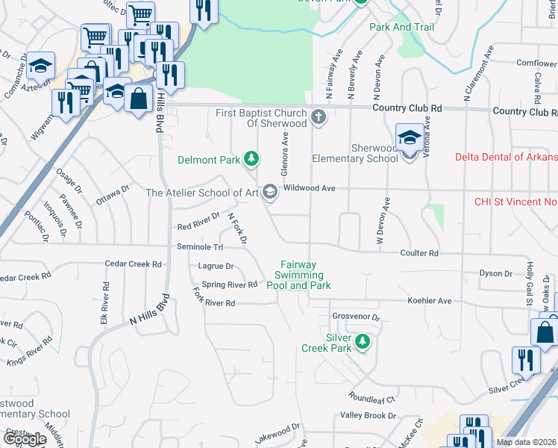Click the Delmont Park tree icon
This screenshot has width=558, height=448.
pos(252,158)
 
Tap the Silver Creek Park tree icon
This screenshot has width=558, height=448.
pos(363,341)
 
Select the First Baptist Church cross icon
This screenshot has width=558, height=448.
pos(319,116)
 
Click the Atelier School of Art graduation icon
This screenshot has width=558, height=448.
pos(270,193)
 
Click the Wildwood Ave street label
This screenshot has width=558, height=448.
pos(313,189)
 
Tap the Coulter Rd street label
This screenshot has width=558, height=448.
pos(418,254)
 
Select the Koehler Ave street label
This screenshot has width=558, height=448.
pos(429,301)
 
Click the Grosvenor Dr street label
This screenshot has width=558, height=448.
pos(356,317)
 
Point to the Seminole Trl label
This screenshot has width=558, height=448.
pos(200,247)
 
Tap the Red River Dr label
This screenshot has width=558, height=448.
pos(198,221)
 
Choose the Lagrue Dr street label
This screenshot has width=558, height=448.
pos(216,266)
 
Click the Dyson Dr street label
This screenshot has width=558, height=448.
pos(495,274)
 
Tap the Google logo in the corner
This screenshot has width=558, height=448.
pos(24,438)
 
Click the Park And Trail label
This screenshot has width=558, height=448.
pos(401,27)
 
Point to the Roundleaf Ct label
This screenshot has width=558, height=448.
pos(370,396)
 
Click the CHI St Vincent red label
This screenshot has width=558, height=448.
pos(515,202)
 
